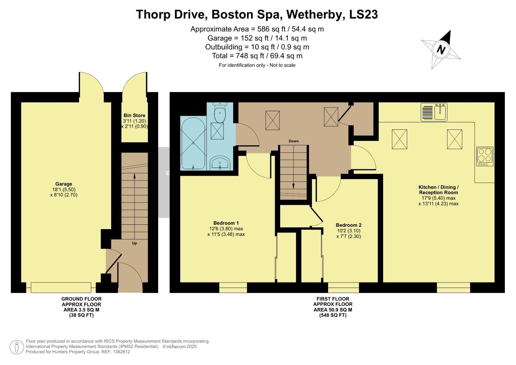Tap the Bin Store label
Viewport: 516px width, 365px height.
click(134, 116)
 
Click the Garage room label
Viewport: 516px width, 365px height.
click(64, 184)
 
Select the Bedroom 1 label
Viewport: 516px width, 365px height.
click(226, 223)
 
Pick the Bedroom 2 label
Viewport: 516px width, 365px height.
click(348, 225)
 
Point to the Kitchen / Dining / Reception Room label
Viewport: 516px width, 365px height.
click(438, 190)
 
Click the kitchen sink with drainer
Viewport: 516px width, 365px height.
click(434, 112)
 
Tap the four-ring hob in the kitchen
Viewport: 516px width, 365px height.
click(484, 156)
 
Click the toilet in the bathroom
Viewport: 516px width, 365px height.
click(220, 113)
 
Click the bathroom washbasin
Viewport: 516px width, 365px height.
click(220, 164)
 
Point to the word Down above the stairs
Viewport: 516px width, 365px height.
click(293, 141)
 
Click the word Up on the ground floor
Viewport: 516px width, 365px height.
click(134, 243)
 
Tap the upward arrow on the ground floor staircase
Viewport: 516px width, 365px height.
click(134, 176)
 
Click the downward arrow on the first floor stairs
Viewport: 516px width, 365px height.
click(293, 186)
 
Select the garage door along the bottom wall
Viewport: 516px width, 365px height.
click(61, 288)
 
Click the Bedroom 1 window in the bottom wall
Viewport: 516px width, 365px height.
click(233, 288)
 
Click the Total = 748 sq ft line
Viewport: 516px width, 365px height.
click(257, 56)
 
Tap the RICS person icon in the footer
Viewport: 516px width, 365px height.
click(16, 347)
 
